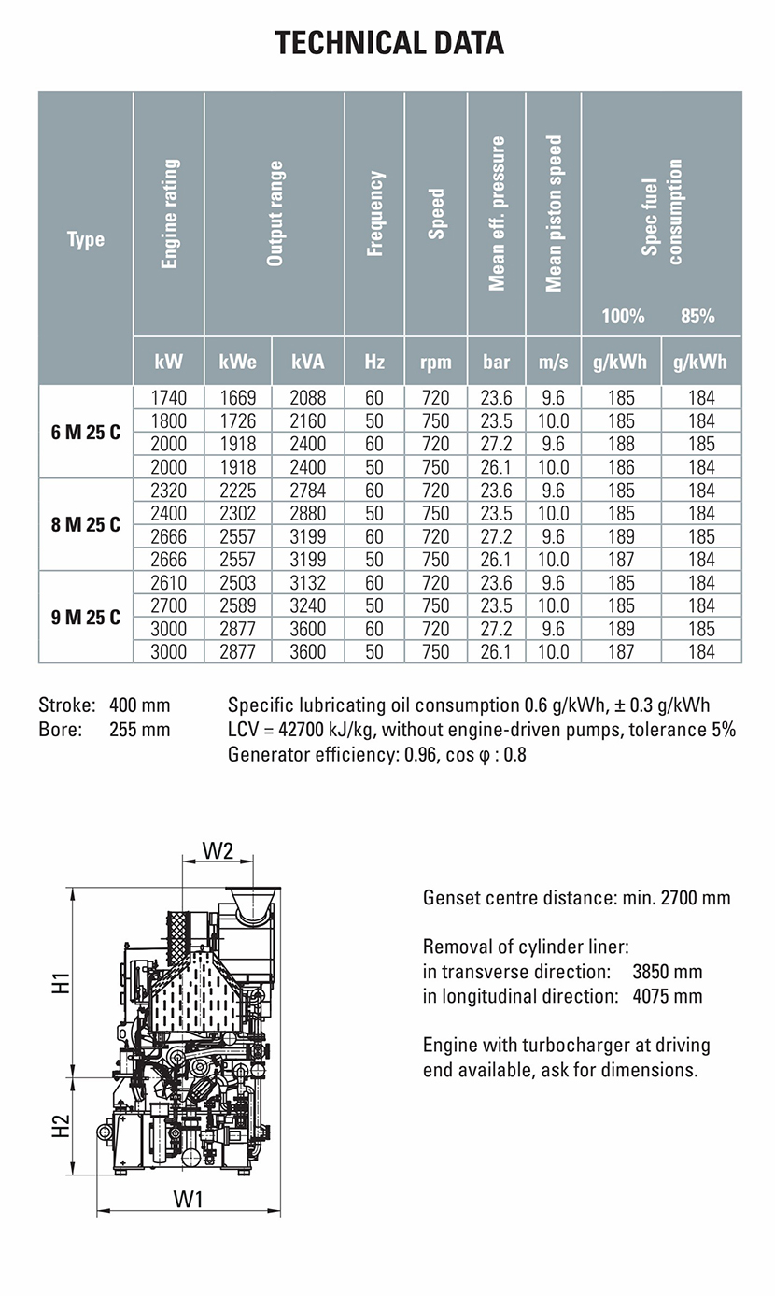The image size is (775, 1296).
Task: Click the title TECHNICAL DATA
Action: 388,43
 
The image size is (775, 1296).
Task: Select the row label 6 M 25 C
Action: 85,433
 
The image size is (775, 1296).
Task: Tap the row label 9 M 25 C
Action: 85,618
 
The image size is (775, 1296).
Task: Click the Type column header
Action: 85,239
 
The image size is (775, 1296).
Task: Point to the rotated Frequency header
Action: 374,213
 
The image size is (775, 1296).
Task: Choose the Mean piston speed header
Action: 554,213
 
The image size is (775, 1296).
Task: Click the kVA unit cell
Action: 307,362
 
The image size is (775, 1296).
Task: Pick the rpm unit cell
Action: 436,362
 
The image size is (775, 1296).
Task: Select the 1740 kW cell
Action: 168,398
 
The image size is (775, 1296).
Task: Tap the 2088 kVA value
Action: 307,398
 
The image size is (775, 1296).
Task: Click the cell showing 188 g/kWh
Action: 621,444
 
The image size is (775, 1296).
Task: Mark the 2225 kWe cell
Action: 237,491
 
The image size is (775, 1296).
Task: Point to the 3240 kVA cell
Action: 307,605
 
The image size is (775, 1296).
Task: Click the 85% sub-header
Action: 697,316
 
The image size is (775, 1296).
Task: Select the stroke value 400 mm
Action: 140,705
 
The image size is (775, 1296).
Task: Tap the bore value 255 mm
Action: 140,729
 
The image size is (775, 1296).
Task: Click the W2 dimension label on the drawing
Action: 217,851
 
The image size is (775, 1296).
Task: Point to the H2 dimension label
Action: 61,1126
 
